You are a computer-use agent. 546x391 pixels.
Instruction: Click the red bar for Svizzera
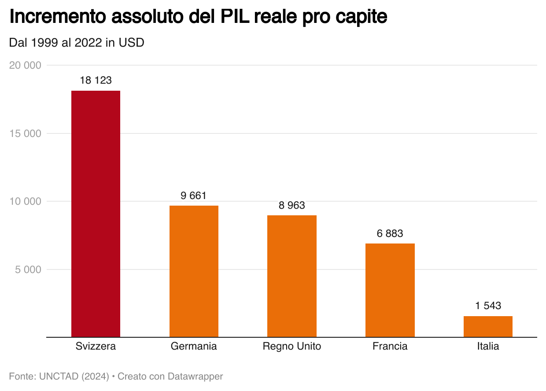coord(96,214)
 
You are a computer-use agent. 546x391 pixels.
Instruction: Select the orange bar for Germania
coord(194,271)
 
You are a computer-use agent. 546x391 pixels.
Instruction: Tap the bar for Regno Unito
coord(291,276)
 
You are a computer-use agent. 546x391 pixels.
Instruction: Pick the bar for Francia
coord(390,290)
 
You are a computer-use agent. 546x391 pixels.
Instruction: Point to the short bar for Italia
coord(488,326)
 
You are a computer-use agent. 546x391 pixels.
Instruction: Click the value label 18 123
coord(96,81)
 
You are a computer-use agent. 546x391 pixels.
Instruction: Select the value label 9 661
coord(194,195)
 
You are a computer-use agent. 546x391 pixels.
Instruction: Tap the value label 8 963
coord(291,205)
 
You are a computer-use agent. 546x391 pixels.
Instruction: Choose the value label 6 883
coord(390,233)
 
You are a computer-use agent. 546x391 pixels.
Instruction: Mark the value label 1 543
coord(488,306)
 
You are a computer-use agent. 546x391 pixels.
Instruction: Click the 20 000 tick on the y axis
coord(25,65)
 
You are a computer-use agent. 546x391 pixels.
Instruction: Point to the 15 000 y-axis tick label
coord(25,133)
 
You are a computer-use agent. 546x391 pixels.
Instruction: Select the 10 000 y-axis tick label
coord(25,201)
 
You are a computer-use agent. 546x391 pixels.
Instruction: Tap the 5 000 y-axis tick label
coord(28,269)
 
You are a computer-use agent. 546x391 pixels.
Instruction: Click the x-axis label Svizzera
coord(96,346)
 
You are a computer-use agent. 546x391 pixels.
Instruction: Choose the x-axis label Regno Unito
coord(291,346)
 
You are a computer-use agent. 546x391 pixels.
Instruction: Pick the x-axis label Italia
coord(488,346)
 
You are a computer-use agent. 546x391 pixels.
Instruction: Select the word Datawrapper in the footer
coord(195,376)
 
